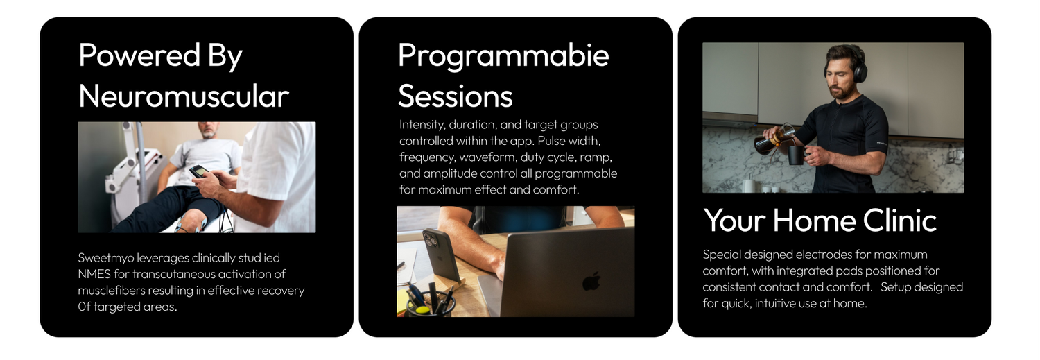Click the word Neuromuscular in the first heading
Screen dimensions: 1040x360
[x=184, y=96]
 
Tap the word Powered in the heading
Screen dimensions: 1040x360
[x=139, y=55]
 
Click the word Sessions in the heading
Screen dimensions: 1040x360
[x=456, y=96]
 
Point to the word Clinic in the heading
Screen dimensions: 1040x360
[x=900, y=220]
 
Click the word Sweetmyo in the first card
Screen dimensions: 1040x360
[x=106, y=258]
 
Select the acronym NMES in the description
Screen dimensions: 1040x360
[x=94, y=274]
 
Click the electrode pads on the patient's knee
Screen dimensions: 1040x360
[x=191, y=223]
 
